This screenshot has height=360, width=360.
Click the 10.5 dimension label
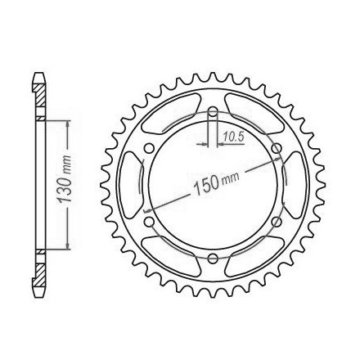pos(233,137)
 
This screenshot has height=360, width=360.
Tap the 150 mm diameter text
pos(216,183)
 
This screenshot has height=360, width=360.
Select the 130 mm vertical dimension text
pos(65,179)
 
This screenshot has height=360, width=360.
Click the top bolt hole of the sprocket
pos(213,111)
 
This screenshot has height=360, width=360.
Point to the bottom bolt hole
pos(213,259)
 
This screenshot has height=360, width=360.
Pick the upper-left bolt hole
pos(149,149)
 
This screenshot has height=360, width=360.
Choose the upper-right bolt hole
pos(277,149)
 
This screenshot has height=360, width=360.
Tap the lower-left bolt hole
pos(149,222)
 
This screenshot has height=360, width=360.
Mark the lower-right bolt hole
pos(277,222)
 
